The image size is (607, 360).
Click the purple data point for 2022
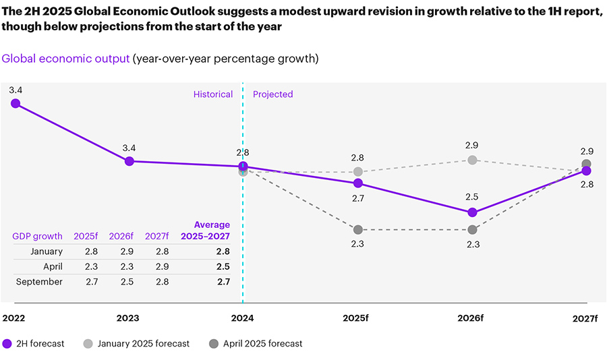tap(16, 103)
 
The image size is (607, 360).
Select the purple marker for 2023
tap(129, 161)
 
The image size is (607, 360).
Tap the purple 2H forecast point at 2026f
tap(472, 212)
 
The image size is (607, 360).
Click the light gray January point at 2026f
tap(472, 160)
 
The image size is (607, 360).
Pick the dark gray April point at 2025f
tap(358, 230)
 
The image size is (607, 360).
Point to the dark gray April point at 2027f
tap(587, 164)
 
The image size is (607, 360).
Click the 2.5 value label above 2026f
tap(472, 197)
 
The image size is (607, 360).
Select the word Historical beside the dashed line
tap(213, 94)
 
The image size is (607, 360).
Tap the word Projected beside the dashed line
tap(273, 94)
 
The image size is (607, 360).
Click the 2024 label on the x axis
tap(243, 318)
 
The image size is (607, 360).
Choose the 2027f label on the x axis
tap(585, 318)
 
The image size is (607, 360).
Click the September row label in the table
tap(40, 282)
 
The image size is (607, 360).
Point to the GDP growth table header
tap(37, 236)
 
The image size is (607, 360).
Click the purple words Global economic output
tap(65, 59)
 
